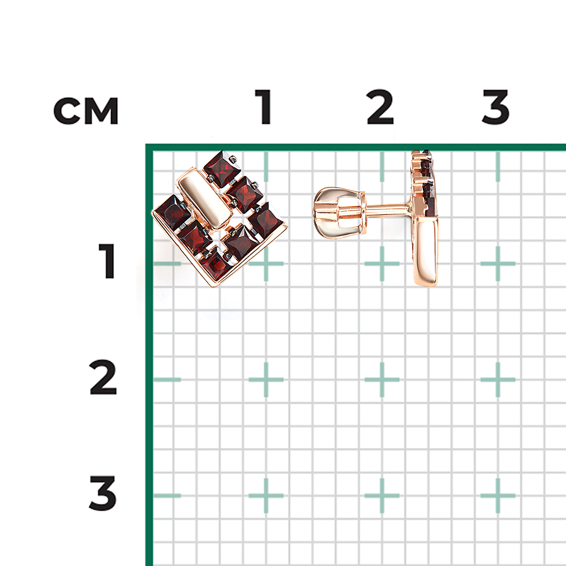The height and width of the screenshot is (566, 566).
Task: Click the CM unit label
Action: pyautogui.click(x=86, y=111)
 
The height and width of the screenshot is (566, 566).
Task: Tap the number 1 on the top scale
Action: pyautogui.click(x=264, y=107)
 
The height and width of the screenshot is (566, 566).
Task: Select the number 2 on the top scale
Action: pyautogui.click(x=380, y=107)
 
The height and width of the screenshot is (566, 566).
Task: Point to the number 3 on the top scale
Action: pyautogui.click(x=496, y=107)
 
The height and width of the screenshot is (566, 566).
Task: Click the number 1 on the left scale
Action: pyautogui.click(x=107, y=261)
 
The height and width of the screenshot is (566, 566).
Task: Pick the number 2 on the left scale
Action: pyautogui.click(x=103, y=377)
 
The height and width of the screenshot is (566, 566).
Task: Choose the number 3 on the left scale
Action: pyautogui.click(x=103, y=493)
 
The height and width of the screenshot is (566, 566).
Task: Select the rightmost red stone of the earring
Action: pyautogui.click(x=265, y=220)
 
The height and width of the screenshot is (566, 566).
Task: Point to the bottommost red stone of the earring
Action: pyautogui.click(x=216, y=265)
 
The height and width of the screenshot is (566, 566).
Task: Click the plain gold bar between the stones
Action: pyautogui.click(x=204, y=199)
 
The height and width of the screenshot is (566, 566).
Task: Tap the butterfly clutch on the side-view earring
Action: pyautogui.click(x=339, y=213)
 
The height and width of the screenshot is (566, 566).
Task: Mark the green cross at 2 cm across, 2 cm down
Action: pyautogui.click(x=382, y=380)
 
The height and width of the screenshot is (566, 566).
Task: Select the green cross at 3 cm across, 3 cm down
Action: pyautogui.click(x=498, y=496)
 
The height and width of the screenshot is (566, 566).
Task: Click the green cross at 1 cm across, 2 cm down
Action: pyautogui.click(x=266, y=380)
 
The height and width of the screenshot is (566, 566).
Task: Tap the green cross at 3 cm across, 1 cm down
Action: pyautogui.click(x=498, y=264)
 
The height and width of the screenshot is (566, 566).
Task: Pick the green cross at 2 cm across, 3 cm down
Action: pyautogui.click(x=382, y=496)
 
